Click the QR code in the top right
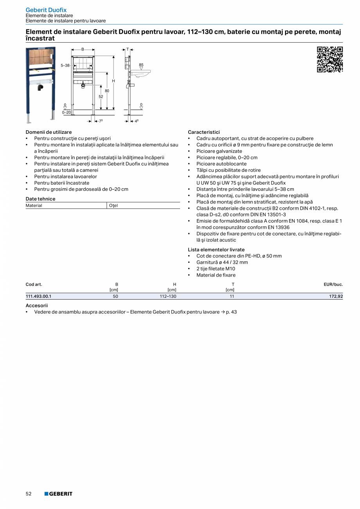(x=329, y=59)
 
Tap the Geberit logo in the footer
(x=58, y=494)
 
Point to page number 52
(x=29, y=494)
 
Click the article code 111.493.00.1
(x=38, y=296)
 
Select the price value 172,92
(x=336, y=296)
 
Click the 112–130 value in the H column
(x=168, y=296)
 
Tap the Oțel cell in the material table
(x=113, y=205)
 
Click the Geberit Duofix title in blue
(x=46, y=10)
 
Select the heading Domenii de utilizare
(x=49, y=132)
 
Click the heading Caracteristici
(x=203, y=132)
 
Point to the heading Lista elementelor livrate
(x=216, y=250)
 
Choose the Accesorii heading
(x=36, y=305)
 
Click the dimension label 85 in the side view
(x=141, y=65)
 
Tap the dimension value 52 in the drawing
(x=101, y=96)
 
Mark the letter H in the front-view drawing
(x=113, y=81)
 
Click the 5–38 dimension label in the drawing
(x=65, y=65)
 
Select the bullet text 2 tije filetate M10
(x=216, y=269)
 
